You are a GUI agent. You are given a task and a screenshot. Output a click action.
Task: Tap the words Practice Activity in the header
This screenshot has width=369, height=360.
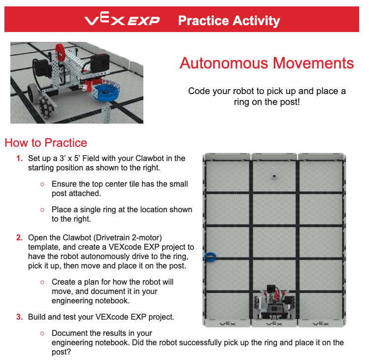pos(229,21)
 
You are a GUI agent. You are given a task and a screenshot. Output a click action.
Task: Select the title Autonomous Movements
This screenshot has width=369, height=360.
pos(267,63)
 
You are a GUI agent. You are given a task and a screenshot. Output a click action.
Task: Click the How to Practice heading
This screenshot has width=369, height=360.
pos(46,143)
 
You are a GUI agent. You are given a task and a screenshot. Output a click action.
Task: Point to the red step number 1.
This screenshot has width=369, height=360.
pos(19,159)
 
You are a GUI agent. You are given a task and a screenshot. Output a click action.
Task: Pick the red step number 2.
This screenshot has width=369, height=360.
pos(19,237)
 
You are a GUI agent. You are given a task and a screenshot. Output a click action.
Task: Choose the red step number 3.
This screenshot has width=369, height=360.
pos(19,316)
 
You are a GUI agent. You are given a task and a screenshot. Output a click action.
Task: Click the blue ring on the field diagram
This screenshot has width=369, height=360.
pos(211,257)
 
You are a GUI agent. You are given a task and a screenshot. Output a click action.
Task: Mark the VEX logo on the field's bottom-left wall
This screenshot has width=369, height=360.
pos(227,324)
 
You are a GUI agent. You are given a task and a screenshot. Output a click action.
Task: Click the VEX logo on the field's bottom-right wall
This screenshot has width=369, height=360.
pos(321,324)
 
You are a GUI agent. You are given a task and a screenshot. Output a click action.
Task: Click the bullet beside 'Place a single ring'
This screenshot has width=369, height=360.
pos(42,210)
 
